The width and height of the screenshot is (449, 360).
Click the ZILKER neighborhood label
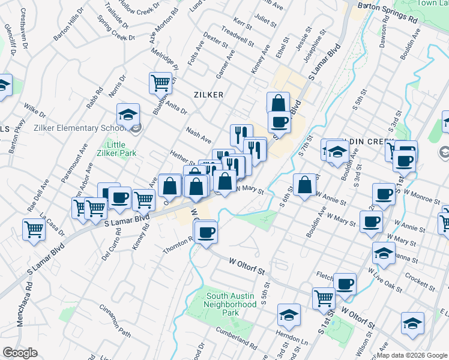tap(208, 95)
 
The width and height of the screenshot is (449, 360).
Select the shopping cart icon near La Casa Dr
tap(34, 229)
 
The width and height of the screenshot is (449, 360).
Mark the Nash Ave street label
tap(199, 136)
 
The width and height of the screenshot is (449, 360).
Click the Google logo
tap(20, 353)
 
